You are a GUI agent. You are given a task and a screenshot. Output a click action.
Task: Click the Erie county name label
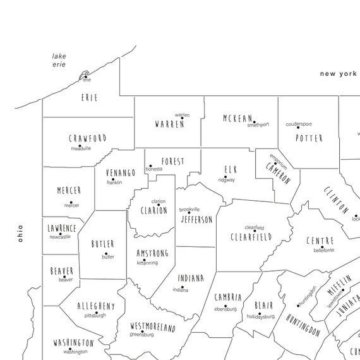pos(90,98)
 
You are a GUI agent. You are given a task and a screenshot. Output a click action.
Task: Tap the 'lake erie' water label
pos(59,61)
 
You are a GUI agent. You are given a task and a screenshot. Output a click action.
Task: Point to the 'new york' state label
pos(338,74)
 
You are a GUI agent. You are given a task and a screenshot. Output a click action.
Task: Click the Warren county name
pos(169,124)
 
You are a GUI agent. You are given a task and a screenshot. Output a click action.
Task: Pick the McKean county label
pos(238,118)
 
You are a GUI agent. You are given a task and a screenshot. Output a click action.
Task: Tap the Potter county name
pos(309,138)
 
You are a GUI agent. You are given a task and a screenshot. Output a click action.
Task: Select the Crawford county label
pos(88,138)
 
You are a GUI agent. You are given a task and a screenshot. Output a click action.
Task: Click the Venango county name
pos(120,172)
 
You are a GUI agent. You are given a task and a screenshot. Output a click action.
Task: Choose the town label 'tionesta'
pos(153,169)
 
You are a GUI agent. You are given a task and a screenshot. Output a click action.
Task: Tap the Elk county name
pos(230,169)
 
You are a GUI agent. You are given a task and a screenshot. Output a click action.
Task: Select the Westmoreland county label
pos(152,327)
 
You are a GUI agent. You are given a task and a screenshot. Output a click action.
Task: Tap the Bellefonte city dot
pos(322,247)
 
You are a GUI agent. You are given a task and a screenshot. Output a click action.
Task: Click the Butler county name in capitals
pos(102,244)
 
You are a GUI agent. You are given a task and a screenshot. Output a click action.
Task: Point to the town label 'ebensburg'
pos(225,309)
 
